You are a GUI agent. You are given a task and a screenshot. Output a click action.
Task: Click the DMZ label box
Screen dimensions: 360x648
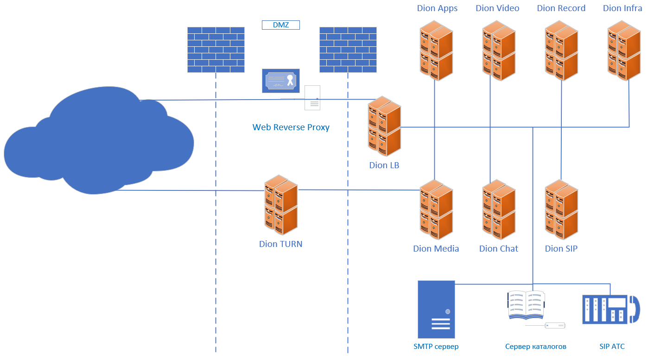point(280,25)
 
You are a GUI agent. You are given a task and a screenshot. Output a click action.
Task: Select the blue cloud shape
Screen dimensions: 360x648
point(97,144)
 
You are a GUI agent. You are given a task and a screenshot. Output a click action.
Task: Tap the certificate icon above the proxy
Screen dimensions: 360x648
point(280,81)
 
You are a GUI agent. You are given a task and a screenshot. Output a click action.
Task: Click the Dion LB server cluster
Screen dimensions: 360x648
point(384,126)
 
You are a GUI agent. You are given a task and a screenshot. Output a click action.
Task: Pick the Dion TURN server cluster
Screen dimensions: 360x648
point(281,205)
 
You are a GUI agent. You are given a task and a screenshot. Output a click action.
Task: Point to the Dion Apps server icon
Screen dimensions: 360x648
point(436,51)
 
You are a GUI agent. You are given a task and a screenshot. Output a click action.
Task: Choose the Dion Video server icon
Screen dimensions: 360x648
point(499,51)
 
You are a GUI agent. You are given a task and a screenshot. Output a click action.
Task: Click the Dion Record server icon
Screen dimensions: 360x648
point(561,51)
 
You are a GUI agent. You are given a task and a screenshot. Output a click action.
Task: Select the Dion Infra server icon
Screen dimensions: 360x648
point(624,51)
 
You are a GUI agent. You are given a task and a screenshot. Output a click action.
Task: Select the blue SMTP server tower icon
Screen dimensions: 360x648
point(436,309)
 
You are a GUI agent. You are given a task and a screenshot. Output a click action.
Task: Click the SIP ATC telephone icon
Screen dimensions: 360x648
point(610,309)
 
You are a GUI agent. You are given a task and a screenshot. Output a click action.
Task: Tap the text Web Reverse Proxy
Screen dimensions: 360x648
point(291,127)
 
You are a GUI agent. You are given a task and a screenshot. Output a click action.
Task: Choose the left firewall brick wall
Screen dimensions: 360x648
point(216,50)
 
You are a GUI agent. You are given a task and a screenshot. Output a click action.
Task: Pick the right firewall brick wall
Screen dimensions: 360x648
point(348,50)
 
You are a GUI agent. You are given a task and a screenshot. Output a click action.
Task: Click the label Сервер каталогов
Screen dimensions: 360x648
point(535,347)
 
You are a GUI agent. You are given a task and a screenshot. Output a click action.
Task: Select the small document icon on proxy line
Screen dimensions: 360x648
point(312,98)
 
